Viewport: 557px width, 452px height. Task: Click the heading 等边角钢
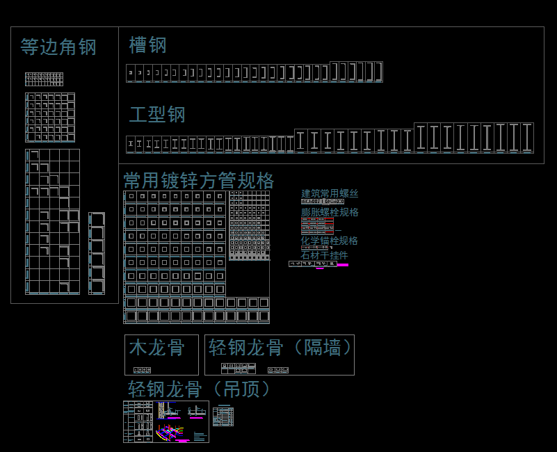(x=58, y=47)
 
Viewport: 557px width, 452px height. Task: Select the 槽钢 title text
(x=148, y=45)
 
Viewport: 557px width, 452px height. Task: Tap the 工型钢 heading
(x=157, y=114)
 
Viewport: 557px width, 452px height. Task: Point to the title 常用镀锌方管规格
(x=199, y=181)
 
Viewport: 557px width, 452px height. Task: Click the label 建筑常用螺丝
(x=330, y=193)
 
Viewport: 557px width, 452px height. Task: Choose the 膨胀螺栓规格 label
(x=330, y=212)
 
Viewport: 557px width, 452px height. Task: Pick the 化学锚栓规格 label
(x=330, y=241)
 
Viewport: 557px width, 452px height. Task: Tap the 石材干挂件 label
(x=324, y=255)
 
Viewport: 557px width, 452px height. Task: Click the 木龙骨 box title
(x=157, y=347)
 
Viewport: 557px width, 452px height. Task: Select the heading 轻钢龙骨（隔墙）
(x=281, y=347)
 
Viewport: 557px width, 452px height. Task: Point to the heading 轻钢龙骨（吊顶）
(x=200, y=389)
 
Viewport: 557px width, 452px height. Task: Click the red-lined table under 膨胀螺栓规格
(x=317, y=225)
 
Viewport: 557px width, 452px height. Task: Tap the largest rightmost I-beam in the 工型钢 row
(x=527, y=137)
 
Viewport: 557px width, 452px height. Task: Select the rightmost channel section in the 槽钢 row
(x=378, y=72)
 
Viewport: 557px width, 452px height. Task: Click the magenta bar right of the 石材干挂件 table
(x=343, y=265)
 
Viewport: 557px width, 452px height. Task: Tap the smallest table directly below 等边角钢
(x=45, y=79)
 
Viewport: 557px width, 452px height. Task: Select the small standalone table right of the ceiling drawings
(x=223, y=417)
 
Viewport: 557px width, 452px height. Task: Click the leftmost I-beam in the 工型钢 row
(x=130, y=144)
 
